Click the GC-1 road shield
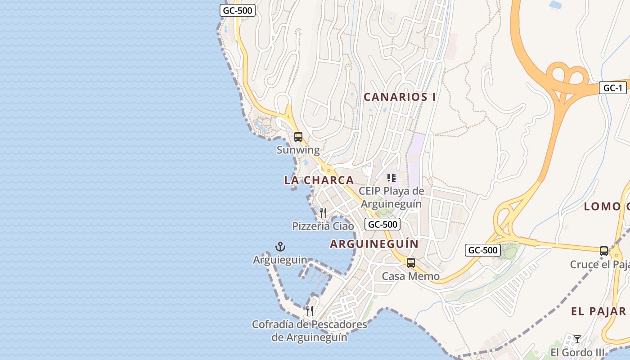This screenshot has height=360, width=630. pyautogui.click(x=612, y=88)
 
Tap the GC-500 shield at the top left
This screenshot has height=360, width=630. pyautogui.click(x=238, y=10)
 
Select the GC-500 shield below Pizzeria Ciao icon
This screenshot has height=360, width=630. pyautogui.click(x=382, y=224)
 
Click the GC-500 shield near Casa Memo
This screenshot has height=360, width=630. pyautogui.click(x=483, y=250)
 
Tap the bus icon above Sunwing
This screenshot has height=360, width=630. pyautogui.click(x=298, y=136)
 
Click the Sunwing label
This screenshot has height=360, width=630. pyautogui.click(x=298, y=150)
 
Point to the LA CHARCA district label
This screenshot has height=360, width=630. pyautogui.click(x=319, y=180)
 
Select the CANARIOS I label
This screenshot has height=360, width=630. pyautogui.click(x=400, y=97)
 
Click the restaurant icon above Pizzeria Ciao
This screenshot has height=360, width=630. pyautogui.click(x=323, y=212)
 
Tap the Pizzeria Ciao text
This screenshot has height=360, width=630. pyautogui.click(x=323, y=226)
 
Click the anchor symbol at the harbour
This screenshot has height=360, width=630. pyautogui.click(x=280, y=246)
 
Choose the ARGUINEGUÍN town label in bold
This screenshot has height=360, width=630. pyautogui.click(x=374, y=244)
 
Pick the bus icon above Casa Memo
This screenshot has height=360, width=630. pyautogui.click(x=410, y=262)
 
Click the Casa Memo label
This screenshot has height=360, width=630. pyautogui.click(x=410, y=276)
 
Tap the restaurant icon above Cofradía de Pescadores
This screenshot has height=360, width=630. pyautogui.click(x=309, y=310)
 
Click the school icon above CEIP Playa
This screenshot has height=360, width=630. pyautogui.click(x=391, y=178)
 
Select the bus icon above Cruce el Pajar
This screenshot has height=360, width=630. pyautogui.click(x=604, y=251)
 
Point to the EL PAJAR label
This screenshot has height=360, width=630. pyautogui.click(x=598, y=311)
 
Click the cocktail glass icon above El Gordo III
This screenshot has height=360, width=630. pyautogui.click(x=577, y=339)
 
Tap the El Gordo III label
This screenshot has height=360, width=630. pyautogui.click(x=577, y=352)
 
